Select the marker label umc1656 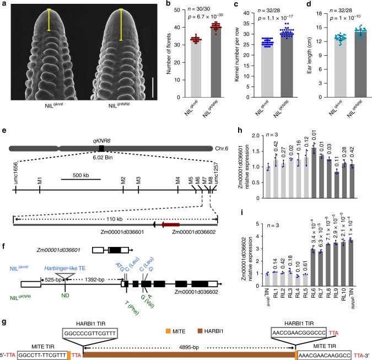(x=17, y=179)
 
